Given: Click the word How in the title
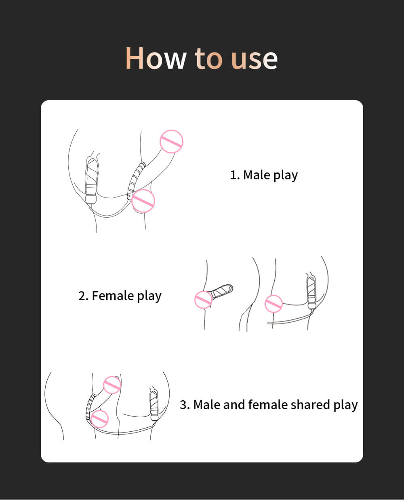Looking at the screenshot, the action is [x=156, y=59].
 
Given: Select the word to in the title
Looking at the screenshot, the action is [x=208, y=59].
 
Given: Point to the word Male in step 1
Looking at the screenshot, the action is [x=257, y=175].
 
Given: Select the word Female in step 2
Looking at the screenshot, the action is [x=113, y=296].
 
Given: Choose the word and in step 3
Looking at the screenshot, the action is [x=234, y=405].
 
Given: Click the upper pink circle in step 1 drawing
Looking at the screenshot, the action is [x=171, y=141].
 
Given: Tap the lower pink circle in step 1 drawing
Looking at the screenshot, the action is [x=143, y=201].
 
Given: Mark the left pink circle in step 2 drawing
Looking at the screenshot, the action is [x=204, y=300].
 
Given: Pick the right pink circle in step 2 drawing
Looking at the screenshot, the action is [x=274, y=304].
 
